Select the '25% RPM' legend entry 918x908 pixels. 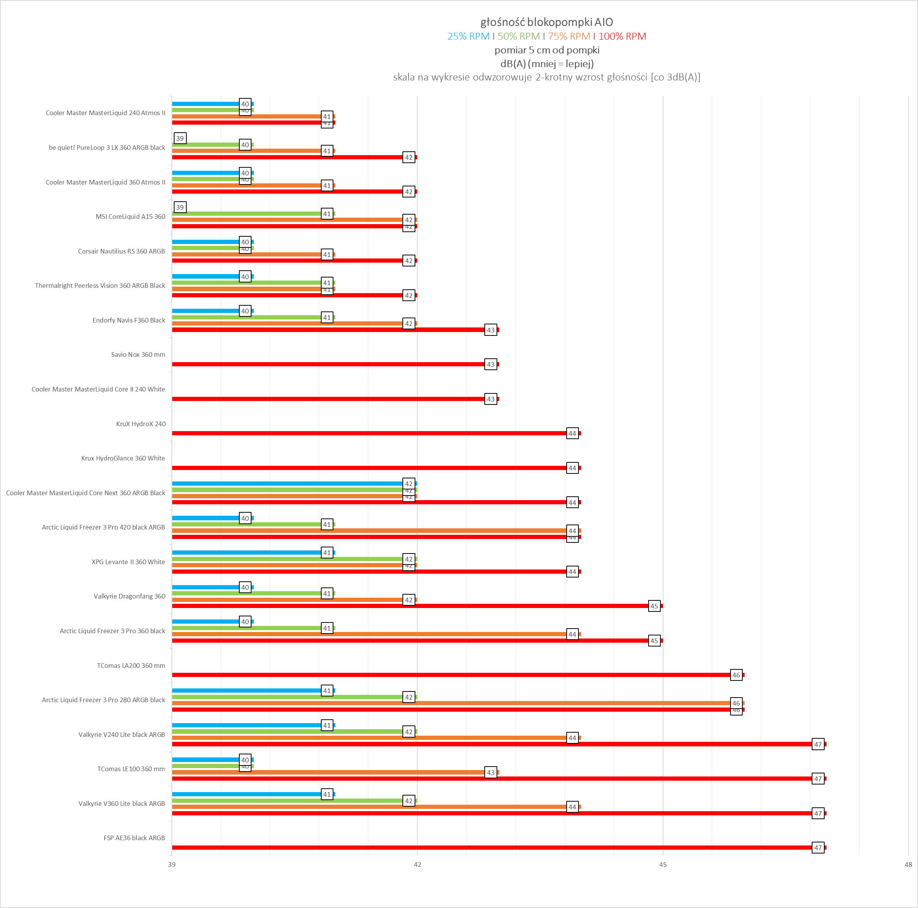coord(468,36)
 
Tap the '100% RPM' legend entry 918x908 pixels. coord(622,36)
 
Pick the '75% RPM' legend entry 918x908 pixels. coord(569,36)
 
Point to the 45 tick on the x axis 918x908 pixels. coord(663,864)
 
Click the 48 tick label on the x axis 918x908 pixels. coord(908,864)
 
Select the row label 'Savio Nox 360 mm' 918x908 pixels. coord(138,355)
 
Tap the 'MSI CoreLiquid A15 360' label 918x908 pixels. coord(130,217)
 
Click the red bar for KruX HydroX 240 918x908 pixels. coord(371,433)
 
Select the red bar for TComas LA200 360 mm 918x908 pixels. coord(452,675)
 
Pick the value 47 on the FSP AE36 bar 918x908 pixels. coord(818,848)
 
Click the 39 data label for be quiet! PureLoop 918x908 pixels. coord(179,138)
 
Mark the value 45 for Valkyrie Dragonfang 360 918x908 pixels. coord(654,606)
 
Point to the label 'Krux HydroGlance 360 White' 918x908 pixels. coord(123,458)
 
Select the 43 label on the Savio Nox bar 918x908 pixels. coord(491,365)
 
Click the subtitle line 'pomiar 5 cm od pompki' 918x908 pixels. coord(546,50)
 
